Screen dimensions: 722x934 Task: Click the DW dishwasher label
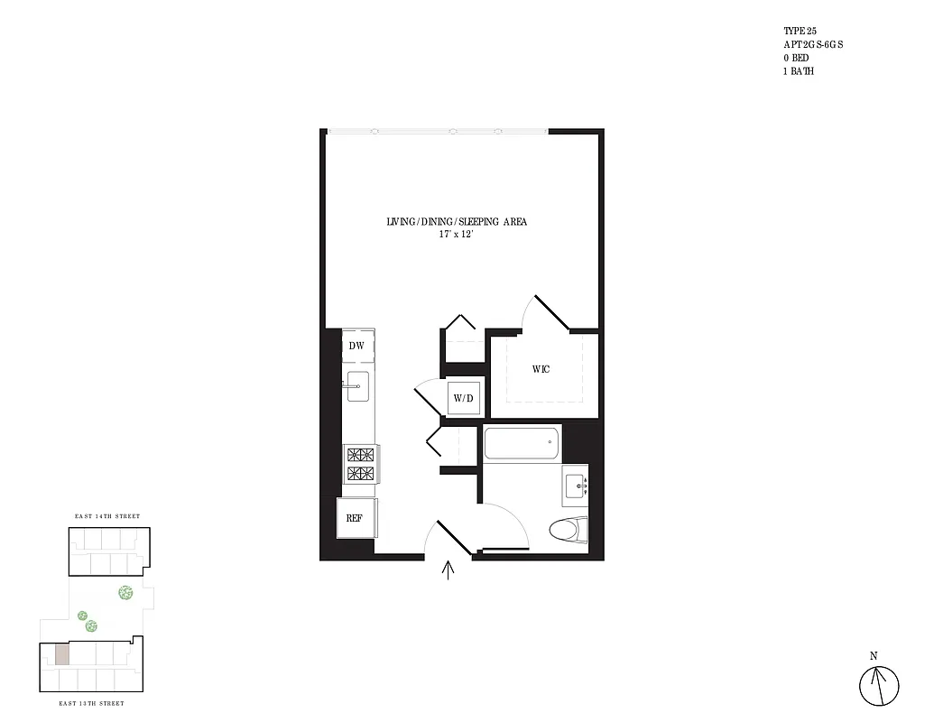pyautogui.click(x=356, y=346)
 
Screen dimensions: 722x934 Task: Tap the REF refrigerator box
pyautogui.click(x=354, y=518)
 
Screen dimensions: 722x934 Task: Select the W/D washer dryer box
pyautogui.click(x=464, y=398)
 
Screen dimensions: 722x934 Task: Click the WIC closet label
pyautogui.click(x=541, y=370)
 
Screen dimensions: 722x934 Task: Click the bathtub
pyautogui.click(x=522, y=443)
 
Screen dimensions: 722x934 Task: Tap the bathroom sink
pyautogui.click(x=575, y=486)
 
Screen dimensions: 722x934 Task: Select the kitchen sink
pyautogui.click(x=356, y=386)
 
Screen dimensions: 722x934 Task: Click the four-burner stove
pyautogui.click(x=361, y=464)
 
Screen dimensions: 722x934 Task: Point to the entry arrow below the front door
pyautogui.click(x=449, y=570)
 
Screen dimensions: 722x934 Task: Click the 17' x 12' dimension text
pyautogui.click(x=456, y=234)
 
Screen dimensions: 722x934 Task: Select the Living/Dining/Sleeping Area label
pyautogui.click(x=456, y=221)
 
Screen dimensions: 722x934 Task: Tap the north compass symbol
pyautogui.click(x=879, y=686)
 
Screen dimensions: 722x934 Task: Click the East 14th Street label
pyautogui.click(x=106, y=516)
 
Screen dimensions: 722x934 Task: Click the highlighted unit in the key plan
pyautogui.click(x=60, y=655)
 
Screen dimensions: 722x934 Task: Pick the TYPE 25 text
pyautogui.click(x=800, y=31)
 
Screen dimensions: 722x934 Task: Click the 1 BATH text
pyautogui.click(x=799, y=71)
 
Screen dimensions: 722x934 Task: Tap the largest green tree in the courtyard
pyautogui.click(x=125, y=593)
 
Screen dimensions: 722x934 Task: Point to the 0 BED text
pyautogui.click(x=797, y=58)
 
